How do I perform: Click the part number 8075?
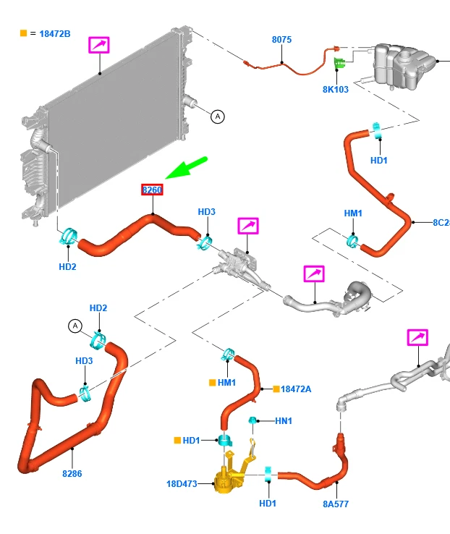click(x=281, y=40)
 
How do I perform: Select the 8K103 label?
click(x=336, y=90)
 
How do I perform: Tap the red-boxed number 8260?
click(x=152, y=190)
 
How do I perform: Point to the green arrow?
click(x=186, y=168)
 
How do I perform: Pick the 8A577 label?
click(x=336, y=504)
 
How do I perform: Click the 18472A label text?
click(x=296, y=389)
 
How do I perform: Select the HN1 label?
click(x=283, y=420)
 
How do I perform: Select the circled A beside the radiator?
click(x=217, y=116)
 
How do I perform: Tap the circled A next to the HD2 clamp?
click(x=75, y=327)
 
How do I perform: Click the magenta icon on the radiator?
click(x=99, y=45)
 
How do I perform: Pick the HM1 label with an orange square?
click(x=226, y=382)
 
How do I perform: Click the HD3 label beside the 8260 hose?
click(x=207, y=211)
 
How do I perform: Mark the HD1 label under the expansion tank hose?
click(x=379, y=160)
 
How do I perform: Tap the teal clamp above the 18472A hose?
click(x=227, y=354)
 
